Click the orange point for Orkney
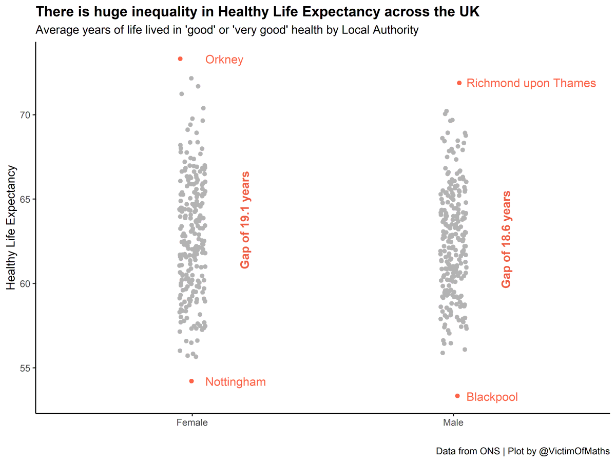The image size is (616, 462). click(180, 59)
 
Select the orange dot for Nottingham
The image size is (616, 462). click(191, 381)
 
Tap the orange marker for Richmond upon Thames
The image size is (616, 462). click(459, 83)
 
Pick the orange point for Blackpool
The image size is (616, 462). click(457, 396)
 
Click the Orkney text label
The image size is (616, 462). click(224, 60)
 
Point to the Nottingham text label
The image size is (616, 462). click(236, 382)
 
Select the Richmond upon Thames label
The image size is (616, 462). click(531, 83)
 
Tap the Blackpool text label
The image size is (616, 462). click(492, 397)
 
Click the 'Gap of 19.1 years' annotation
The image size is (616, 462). click(245, 220)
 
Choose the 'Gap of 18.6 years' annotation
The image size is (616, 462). click(507, 239)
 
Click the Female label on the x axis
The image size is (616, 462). click(191, 423)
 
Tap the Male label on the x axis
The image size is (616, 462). click(453, 423)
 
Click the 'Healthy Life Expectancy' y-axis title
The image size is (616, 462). click(11, 228)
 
